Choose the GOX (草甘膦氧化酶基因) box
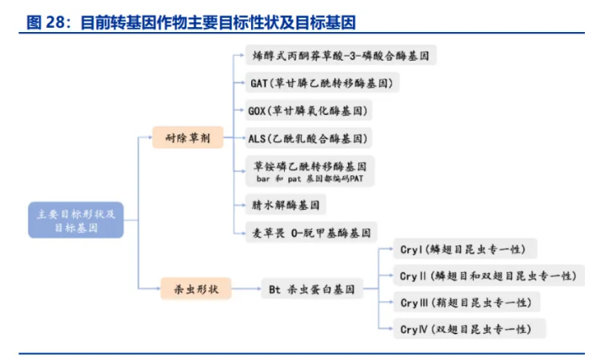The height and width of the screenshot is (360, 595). (x=308, y=110)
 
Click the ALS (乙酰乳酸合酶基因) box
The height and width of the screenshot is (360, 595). (x=308, y=137)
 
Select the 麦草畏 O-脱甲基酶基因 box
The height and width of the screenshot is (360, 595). (x=309, y=232)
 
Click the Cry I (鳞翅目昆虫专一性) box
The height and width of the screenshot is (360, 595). (x=463, y=249)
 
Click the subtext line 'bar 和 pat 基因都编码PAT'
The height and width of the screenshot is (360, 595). (x=309, y=179)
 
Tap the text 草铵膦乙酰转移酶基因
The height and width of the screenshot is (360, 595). (x=309, y=166)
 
